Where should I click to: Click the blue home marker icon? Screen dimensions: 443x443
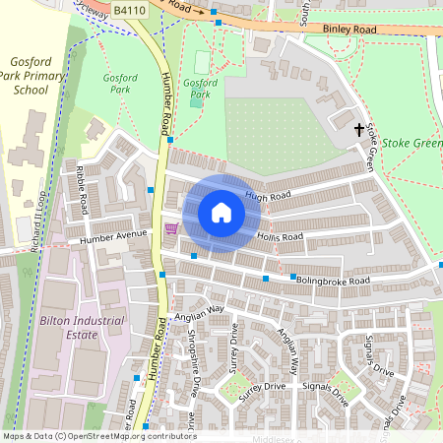(x=221, y=213)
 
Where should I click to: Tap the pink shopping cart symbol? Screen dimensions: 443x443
(x=171, y=229)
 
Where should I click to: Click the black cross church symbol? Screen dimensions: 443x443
(x=358, y=129)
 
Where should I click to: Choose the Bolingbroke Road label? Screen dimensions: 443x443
(x=332, y=281)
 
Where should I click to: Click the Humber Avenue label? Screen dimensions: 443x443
(x=113, y=238)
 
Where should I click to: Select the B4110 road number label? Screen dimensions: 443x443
(x=127, y=9)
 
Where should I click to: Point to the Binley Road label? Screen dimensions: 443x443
(x=349, y=31)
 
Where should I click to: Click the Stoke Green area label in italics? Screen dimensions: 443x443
(x=411, y=143)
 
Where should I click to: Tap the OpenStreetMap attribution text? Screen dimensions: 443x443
(x=98, y=436)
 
